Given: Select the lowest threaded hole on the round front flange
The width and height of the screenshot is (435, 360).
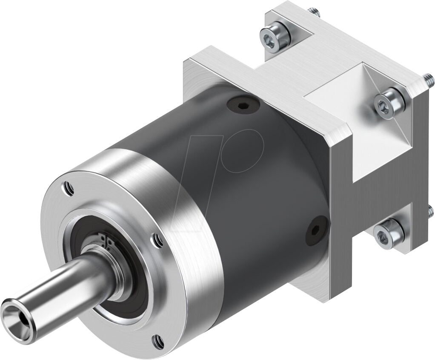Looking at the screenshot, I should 158,340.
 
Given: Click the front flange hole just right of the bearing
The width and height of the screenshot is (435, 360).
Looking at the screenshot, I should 157,241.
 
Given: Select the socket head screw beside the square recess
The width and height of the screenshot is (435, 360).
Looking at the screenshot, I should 389,104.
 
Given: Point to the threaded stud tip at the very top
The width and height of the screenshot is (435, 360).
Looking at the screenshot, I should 315,12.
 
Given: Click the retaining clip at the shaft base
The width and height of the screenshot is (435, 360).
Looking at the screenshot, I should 104,245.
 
